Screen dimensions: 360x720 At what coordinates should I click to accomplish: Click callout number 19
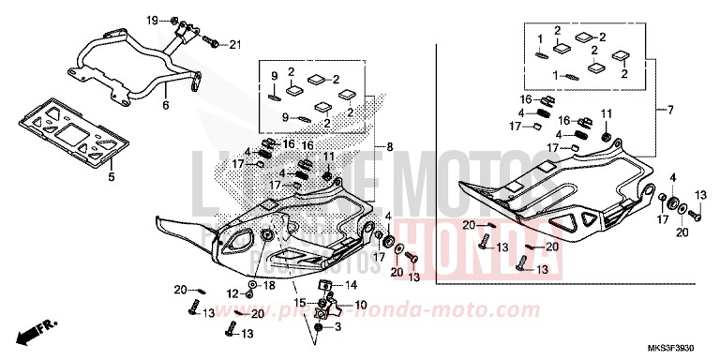click(x=152, y=20)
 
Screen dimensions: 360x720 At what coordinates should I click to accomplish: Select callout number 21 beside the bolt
click(x=235, y=44)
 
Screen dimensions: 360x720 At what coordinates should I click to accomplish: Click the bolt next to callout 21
click(x=213, y=42)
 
